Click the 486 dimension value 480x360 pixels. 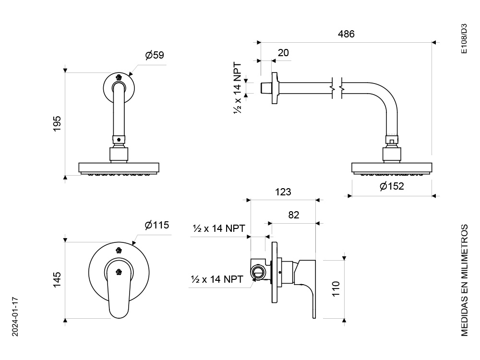pyautogui.click(x=346, y=34)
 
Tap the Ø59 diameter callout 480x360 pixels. pyautogui.click(x=154, y=55)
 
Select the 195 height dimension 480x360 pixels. pyautogui.click(x=57, y=124)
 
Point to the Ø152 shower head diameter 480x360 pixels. pyautogui.click(x=392, y=186)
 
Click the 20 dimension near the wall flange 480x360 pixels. pyautogui.click(x=283, y=53)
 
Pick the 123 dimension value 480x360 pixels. pyautogui.click(x=283, y=192)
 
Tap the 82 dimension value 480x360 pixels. pyautogui.click(x=293, y=215)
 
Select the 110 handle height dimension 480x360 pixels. pyautogui.click(x=336, y=288)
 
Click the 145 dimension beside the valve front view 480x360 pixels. pyautogui.click(x=57, y=279)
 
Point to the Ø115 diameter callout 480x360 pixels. pyautogui.click(x=157, y=225)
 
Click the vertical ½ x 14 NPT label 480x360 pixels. pyautogui.click(x=238, y=88)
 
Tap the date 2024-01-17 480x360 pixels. pyautogui.click(x=15, y=316)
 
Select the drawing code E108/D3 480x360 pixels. pyautogui.click(x=464, y=39)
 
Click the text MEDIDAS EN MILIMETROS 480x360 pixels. pyautogui.click(x=464, y=280)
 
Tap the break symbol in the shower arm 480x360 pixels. pyautogui.click(x=337, y=88)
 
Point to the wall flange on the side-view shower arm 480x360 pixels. pyautogui.click(x=275, y=88)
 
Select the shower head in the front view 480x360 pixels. pyautogui.click(x=119, y=169)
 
